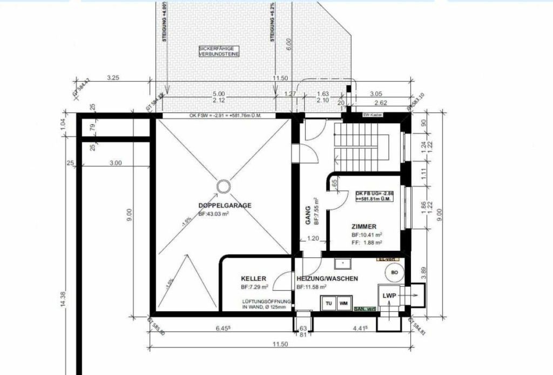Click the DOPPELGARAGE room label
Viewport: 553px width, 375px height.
point(225,206)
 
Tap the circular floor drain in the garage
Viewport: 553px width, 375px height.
point(223,186)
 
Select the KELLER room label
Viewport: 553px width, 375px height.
point(253,279)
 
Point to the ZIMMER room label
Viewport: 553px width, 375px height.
point(363,227)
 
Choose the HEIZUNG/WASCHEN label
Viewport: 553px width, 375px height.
point(327,279)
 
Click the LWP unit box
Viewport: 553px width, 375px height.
point(389,297)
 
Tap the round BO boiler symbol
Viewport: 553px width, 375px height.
point(394,273)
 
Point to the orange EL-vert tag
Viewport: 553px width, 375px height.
point(386,259)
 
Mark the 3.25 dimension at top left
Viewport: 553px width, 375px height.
point(113,78)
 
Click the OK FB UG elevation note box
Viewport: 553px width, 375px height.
point(374,196)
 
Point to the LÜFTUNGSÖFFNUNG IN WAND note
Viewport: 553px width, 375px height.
point(267,304)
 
